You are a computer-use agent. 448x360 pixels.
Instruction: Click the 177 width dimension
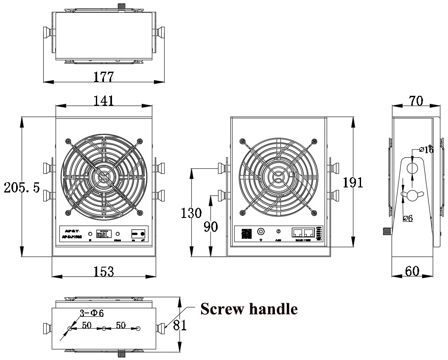104,77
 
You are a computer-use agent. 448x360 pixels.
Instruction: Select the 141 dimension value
104,100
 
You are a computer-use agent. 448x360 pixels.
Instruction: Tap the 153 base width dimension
104,271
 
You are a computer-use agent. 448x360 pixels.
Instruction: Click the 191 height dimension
353,182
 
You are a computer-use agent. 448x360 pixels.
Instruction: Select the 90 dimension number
211,226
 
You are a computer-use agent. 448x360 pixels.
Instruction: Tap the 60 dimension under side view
412,271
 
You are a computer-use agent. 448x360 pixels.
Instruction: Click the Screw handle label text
249,309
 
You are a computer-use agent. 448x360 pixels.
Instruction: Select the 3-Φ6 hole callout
92,313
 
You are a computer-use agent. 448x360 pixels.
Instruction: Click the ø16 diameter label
426,149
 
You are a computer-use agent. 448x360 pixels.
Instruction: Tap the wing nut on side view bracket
412,194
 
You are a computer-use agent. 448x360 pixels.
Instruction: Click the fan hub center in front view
104,175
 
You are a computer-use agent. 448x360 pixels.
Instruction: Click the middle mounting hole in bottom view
104,329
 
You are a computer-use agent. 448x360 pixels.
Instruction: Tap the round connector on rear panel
261,232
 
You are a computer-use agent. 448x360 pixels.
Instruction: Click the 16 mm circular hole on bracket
412,169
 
